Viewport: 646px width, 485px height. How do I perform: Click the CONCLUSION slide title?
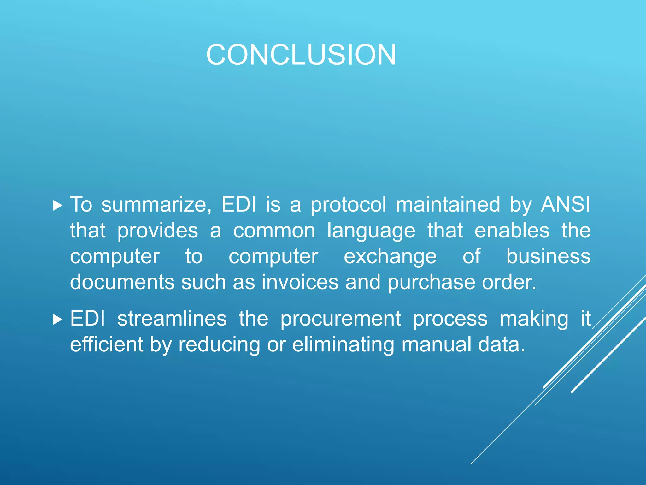coord(301,55)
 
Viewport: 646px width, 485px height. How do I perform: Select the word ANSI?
coord(565,205)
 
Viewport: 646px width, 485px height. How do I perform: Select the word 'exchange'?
coord(390,257)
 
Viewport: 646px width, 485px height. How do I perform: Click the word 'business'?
coord(548,256)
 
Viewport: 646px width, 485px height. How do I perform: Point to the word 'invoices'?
coord(300,282)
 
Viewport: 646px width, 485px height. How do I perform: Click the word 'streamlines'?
coord(172,319)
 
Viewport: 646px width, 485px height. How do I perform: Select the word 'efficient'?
coord(107,344)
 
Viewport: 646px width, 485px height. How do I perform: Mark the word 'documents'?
coord(122,282)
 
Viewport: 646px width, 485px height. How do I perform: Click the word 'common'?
coord(274,231)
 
